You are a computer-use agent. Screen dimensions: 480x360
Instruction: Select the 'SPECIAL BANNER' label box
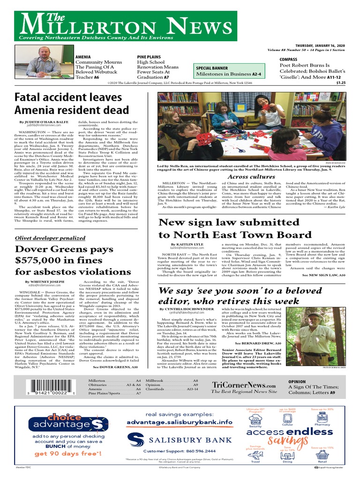pos(212,68)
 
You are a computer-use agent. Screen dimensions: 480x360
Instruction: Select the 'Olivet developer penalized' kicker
pos(50,238)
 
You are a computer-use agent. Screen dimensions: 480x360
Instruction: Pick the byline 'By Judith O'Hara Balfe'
pos(44,122)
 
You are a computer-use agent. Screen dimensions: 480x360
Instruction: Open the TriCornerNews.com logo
pos(244,371)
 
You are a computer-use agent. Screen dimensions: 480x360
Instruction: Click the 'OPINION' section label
pos(297,369)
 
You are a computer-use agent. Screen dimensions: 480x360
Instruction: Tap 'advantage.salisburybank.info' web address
pos(180,422)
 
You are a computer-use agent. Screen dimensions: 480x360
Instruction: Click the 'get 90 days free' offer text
pos(67,454)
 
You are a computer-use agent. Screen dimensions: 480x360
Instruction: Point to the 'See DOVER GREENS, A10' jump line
pos(118,355)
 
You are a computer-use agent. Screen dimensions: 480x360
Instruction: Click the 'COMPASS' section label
pos(289,59)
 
